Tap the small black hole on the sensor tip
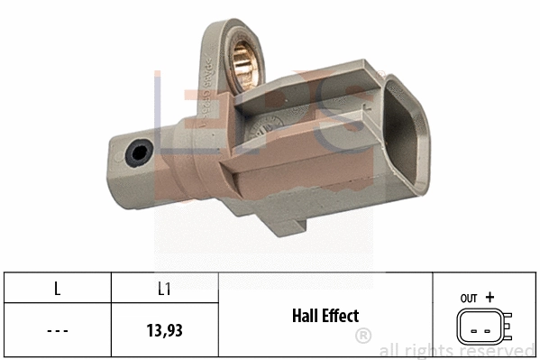pyautogui.click(x=138, y=154)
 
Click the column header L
pyautogui.click(x=57, y=290)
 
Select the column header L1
pyautogui.click(x=165, y=290)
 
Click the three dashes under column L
pyautogui.click(x=57, y=329)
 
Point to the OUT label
pyautogui.click(x=468, y=297)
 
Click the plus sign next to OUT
pyautogui.click(x=490, y=296)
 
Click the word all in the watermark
pyautogui.click(x=390, y=351)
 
